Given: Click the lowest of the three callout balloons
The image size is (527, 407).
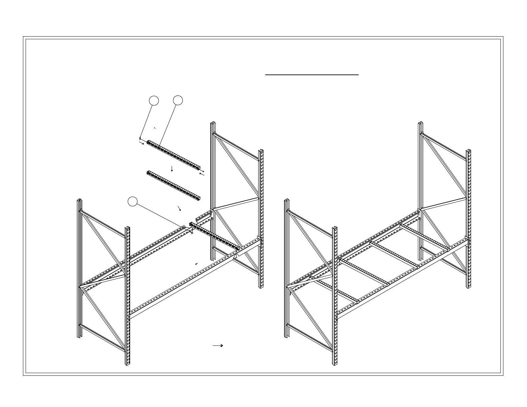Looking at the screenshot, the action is [133, 202].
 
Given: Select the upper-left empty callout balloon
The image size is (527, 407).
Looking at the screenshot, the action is [153, 100].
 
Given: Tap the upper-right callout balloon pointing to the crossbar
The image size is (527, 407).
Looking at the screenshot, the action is [178, 100].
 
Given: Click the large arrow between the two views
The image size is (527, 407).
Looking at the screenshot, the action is [218, 345].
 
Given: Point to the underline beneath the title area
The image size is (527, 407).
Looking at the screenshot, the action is [312, 75].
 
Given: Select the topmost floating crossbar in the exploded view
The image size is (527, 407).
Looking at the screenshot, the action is [174, 155].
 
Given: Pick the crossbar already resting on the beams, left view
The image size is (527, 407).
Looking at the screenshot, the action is [214, 236].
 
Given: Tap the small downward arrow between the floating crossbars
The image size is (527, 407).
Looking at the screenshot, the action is [172, 169].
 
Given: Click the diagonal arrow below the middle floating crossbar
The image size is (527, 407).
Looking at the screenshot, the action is [180, 208].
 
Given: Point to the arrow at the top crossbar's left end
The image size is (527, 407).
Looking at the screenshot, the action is [141, 143].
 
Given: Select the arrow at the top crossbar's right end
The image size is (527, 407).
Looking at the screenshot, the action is [201, 174].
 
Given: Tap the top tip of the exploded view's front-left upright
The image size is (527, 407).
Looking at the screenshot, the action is [127, 228].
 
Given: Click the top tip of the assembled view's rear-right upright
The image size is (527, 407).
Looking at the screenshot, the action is [421, 123].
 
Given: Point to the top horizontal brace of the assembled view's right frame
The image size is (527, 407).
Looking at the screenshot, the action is [444, 146].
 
